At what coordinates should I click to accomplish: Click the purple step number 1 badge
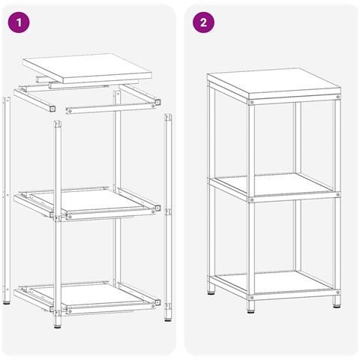pyautogui.click(x=19, y=22)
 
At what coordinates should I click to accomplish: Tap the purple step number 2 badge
pyautogui.click(x=203, y=22)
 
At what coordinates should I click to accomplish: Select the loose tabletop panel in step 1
pyautogui.click(x=88, y=68)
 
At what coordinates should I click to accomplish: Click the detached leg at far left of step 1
pyautogui.click(x=7, y=200)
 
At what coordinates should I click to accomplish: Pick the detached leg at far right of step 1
pyautogui.click(x=168, y=217)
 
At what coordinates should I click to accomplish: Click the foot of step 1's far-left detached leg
pyautogui.click(x=7, y=303)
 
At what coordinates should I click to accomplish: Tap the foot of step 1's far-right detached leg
pyautogui.click(x=168, y=319)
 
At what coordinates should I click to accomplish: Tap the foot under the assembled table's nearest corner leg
pyautogui.click(x=251, y=311)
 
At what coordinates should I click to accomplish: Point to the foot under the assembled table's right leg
pyautogui.click(x=337, y=305)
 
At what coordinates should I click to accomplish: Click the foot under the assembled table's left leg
pyautogui.click(x=211, y=292)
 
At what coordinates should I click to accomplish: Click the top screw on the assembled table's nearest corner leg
pyautogui.click(x=251, y=102)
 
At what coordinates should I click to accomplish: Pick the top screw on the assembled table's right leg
pyautogui.click(x=338, y=97)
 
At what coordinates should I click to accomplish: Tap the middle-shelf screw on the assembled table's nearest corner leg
pyautogui.click(x=251, y=200)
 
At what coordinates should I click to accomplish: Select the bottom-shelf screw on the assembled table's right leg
pyautogui.click(x=338, y=292)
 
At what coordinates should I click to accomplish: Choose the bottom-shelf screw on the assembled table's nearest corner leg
pyautogui.click(x=251, y=298)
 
